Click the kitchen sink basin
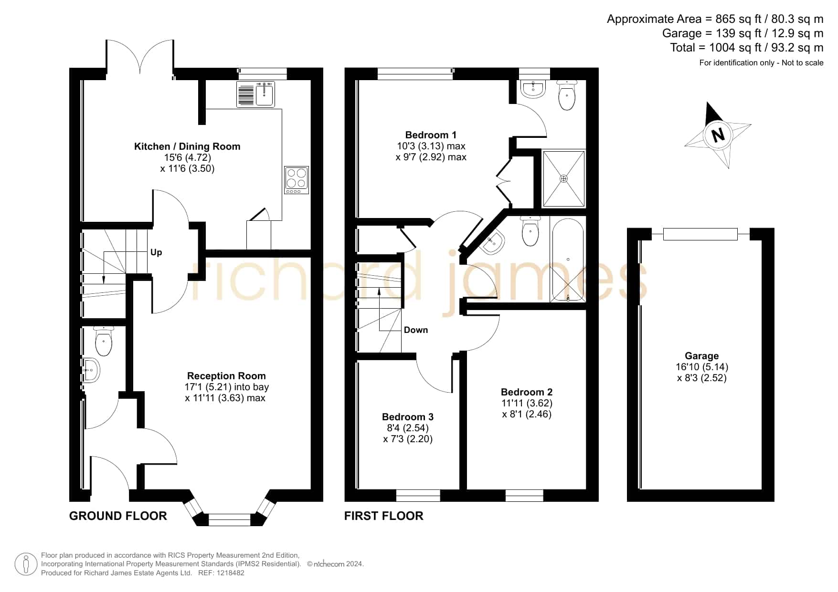[x=264, y=94]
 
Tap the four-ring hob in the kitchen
[x=297, y=180]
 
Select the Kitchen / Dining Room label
[x=187, y=146]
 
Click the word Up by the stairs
[x=156, y=252]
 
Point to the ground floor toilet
[x=104, y=341]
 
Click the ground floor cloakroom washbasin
[x=91, y=370]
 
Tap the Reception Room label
[x=226, y=376]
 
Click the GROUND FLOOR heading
[x=118, y=516]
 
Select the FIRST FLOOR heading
[x=383, y=516]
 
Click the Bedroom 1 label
[x=431, y=135]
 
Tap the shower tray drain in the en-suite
[x=564, y=178]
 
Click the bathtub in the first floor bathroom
[x=568, y=259]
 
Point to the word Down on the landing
[x=416, y=330]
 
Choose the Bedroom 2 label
[x=527, y=392]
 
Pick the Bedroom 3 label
[x=408, y=417]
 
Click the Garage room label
[x=701, y=356]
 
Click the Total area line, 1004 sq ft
[x=747, y=48]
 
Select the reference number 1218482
[x=230, y=573]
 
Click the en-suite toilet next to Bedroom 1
[x=567, y=95]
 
